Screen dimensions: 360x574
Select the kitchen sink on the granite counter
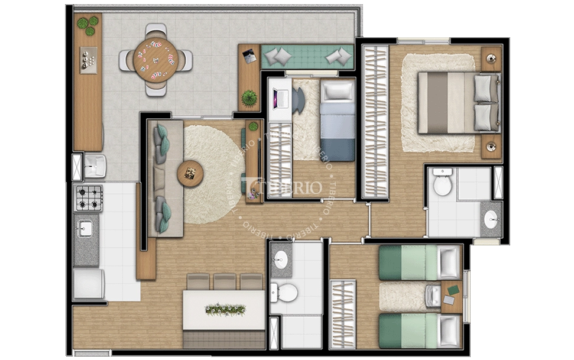coord(86,228)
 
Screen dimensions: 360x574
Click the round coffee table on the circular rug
coord(190,173)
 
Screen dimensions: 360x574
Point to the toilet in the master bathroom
coord(442,184)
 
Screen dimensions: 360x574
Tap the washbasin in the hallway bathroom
coord(281,260)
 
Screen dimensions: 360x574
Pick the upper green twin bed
coord(419,262)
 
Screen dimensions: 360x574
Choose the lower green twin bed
coord(419,330)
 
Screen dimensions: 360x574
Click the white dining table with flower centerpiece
coord(223,310)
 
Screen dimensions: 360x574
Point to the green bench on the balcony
coord(307,57)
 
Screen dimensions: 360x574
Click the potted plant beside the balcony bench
coord(249,98)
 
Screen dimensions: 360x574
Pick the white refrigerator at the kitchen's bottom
coord(88,284)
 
